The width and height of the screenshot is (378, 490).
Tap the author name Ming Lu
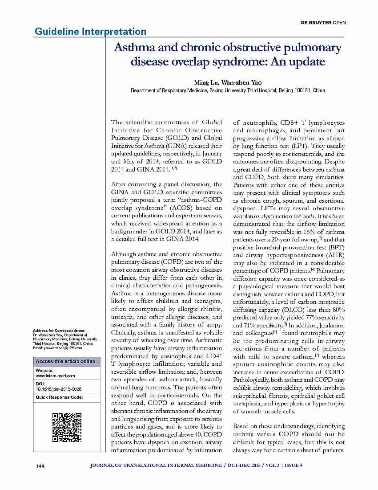pyautogui.click(x=206, y=82)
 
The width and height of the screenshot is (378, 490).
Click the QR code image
pyautogui.click(x=67, y=427)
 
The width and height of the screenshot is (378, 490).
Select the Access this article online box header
pyautogui.click(x=65, y=361)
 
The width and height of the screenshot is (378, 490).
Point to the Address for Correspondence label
pyautogui.click(x=59, y=330)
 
